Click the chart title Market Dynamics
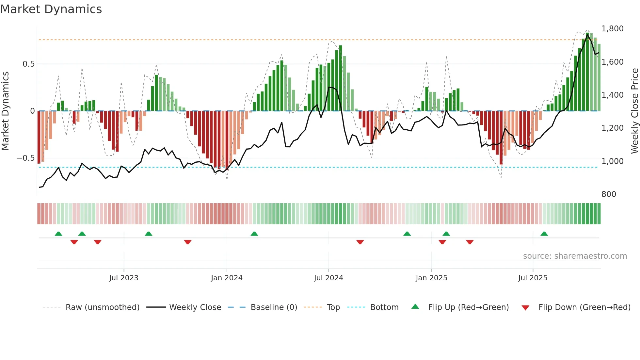pos(51,9)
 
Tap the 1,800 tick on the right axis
pos(612,29)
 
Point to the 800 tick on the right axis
pos(609,194)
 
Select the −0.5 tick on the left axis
pos(25,158)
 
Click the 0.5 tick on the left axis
pos(28,64)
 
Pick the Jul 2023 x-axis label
pos(124,278)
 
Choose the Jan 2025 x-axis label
pos(431,278)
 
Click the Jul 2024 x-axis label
pos(328,278)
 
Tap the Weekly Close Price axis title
pos(634,111)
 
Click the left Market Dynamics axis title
pos(5,111)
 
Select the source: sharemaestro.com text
pos(575,256)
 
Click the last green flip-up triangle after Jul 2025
pos(544,234)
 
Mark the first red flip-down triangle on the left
pos(74,242)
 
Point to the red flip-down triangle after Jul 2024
pos(360,242)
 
